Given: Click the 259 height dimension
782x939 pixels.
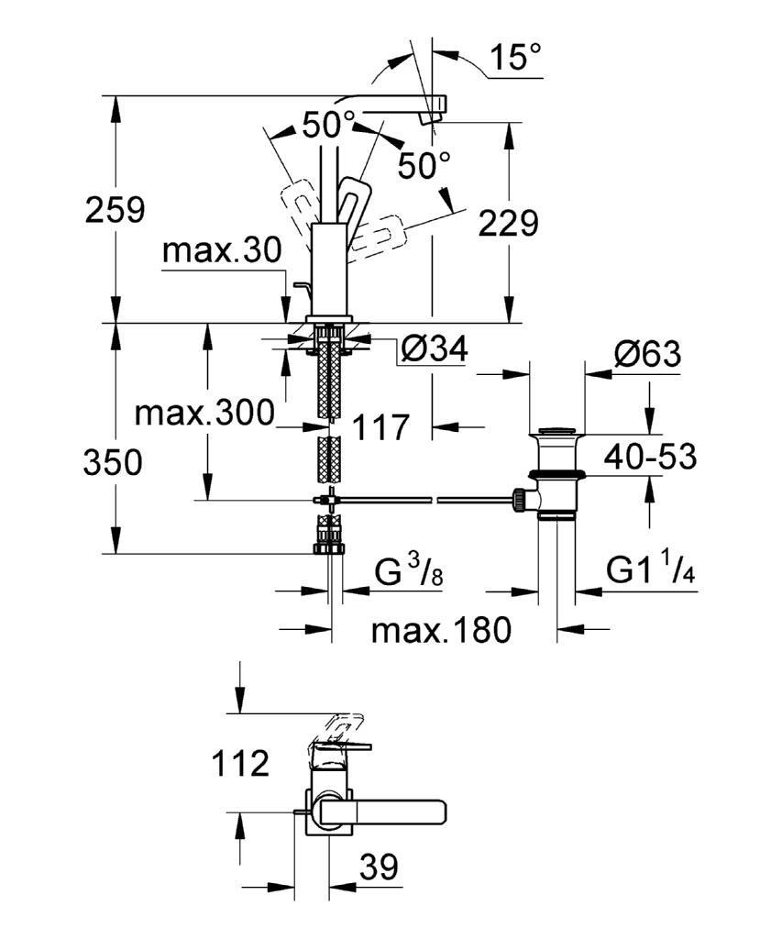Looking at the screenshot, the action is (115, 211).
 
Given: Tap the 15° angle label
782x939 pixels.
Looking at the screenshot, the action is (515, 57).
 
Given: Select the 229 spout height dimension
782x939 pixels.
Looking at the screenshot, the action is (509, 224).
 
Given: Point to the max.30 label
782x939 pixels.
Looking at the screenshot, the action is (222, 251).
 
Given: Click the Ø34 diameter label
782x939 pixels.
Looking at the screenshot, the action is (435, 348).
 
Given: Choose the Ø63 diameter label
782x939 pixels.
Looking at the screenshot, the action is (647, 355).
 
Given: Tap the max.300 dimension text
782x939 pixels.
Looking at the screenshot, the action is (204, 414).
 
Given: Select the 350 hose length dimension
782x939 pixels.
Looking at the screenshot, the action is (113, 463).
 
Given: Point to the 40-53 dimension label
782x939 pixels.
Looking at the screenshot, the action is (650, 458).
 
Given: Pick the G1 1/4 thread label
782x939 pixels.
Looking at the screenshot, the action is (650, 569).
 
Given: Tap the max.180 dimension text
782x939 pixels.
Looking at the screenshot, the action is (441, 630).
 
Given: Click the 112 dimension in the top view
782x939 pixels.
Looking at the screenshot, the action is (240, 764).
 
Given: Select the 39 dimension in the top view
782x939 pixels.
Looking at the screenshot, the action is (379, 867).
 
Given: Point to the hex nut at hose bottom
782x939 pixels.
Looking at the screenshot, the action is (329, 548).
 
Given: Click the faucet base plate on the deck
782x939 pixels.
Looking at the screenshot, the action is (328, 319).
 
